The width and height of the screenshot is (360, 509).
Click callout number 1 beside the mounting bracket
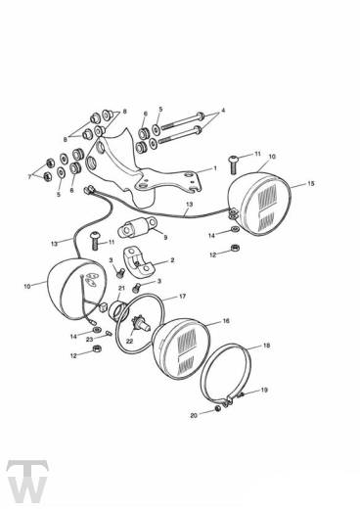(215, 168)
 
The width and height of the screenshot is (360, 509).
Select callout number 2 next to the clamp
(172, 260)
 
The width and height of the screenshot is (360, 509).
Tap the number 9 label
(165, 238)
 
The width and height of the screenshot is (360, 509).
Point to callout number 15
(311, 183)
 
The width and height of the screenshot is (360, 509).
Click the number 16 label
(226, 321)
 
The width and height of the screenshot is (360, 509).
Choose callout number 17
(182, 297)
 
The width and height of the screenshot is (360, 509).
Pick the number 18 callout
(266, 346)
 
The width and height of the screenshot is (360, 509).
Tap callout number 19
(264, 390)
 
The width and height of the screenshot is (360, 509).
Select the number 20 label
(194, 416)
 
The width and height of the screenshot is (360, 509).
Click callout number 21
(121, 288)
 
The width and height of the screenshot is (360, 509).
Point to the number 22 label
(129, 342)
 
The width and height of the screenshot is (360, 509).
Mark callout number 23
(89, 340)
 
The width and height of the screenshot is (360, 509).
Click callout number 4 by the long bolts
(223, 111)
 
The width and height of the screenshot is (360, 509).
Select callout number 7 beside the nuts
(29, 177)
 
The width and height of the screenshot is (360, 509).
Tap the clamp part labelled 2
(139, 262)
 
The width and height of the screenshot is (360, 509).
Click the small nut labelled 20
(218, 409)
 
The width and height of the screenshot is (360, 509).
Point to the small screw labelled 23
(109, 334)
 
